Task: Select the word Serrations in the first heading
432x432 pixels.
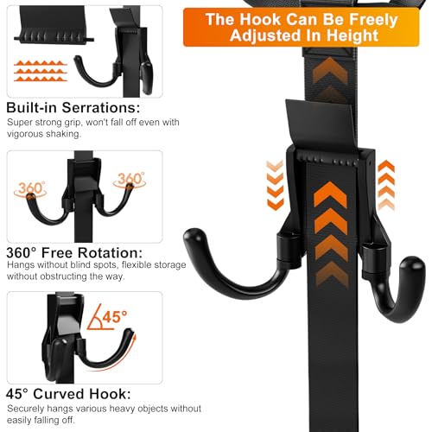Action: (101, 107)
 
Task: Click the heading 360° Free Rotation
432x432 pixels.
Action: (74, 252)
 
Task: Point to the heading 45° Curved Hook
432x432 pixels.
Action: (68, 394)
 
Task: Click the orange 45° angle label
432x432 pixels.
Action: (114, 316)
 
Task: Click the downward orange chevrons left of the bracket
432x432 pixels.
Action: (275, 185)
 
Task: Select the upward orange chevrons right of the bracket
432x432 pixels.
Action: (386, 185)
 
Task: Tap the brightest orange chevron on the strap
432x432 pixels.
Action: (330, 194)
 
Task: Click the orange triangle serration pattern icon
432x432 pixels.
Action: (41, 71)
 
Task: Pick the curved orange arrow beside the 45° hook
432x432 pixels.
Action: (119, 355)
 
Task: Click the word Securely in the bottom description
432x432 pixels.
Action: (25, 409)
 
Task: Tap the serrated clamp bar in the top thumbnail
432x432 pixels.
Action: (54, 37)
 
